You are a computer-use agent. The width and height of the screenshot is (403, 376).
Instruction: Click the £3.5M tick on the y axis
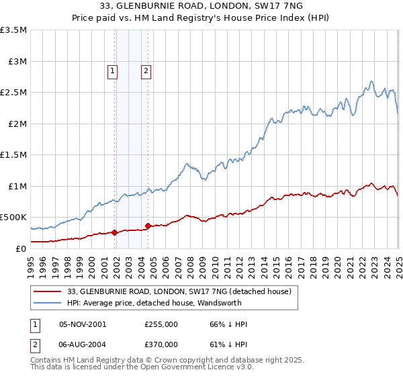pyautogui.click(x=13, y=30)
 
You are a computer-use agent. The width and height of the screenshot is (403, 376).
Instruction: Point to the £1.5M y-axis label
pyautogui.click(x=13, y=155)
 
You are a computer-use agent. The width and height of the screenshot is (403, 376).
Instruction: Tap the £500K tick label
pyautogui.click(x=13, y=218)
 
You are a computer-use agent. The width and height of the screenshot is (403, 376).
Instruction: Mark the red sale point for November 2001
pyautogui.click(x=115, y=233)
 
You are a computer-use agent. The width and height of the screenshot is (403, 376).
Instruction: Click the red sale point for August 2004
pyautogui.click(x=148, y=226)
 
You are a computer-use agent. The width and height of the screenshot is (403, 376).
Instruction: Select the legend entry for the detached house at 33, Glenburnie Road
pyautogui.click(x=179, y=291)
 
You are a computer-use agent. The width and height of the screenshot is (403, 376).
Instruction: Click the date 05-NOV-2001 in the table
pyautogui.click(x=83, y=324)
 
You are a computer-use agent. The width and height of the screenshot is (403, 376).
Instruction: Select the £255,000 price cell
pyautogui.click(x=161, y=324)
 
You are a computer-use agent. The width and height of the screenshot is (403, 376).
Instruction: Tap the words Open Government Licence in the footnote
pyautogui.click(x=186, y=368)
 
